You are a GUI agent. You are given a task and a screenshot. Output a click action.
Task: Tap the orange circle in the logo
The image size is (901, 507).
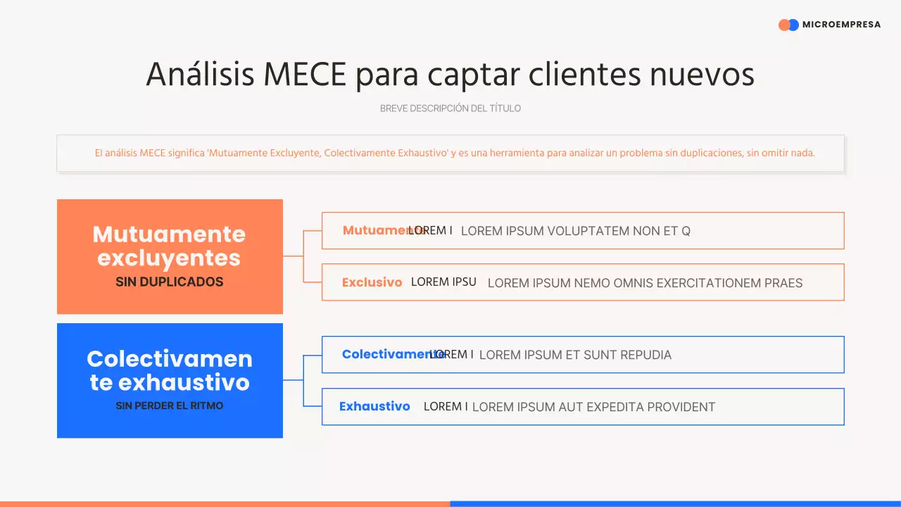pyautogui.click(x=784, y=25)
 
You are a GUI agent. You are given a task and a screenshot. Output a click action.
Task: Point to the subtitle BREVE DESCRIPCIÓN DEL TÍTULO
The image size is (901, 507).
pyautogui.click(x=450, y=108)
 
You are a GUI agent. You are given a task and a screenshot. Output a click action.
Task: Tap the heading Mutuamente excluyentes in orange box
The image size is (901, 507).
pyautogui.click(x=169, y=246)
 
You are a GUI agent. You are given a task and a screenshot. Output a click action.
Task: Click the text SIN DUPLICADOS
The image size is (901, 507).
pyautogui.click(x=169, y=282)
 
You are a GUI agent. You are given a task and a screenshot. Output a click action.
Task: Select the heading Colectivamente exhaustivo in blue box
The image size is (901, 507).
pyautogui.click(x=169, y=370)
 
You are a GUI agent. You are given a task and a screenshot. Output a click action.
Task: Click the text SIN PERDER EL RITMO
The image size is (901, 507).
pyautogui.click(x=169, y=406)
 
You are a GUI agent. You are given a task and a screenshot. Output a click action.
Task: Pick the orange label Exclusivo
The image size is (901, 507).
pyautogui.click(x=372, y=282)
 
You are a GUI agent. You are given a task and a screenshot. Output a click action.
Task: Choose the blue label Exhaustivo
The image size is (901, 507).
pyautogui.click(x=374, y=406)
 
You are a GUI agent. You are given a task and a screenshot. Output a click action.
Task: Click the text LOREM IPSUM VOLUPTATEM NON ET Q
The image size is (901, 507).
pyautogui.click(x=575, y=231)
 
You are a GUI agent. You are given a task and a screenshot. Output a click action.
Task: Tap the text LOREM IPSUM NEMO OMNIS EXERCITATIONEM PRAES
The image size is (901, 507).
pyautogui.click(x=645, y=283)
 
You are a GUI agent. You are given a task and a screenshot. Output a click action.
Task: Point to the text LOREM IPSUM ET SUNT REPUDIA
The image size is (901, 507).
pyautogui.click(x=575, y=355)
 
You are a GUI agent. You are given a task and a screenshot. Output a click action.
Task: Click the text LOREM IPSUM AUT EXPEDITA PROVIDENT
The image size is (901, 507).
pyautogui.click(x=593, y=407)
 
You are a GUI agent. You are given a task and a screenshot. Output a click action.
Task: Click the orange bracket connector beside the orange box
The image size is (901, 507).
pyautogui.click(x=303, y=256)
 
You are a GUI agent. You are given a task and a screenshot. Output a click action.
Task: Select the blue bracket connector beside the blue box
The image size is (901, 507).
pyautogui.click(x=303, y=380)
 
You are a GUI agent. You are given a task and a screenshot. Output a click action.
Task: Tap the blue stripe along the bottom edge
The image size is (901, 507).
pyautogui.click(x=676, y=503)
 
